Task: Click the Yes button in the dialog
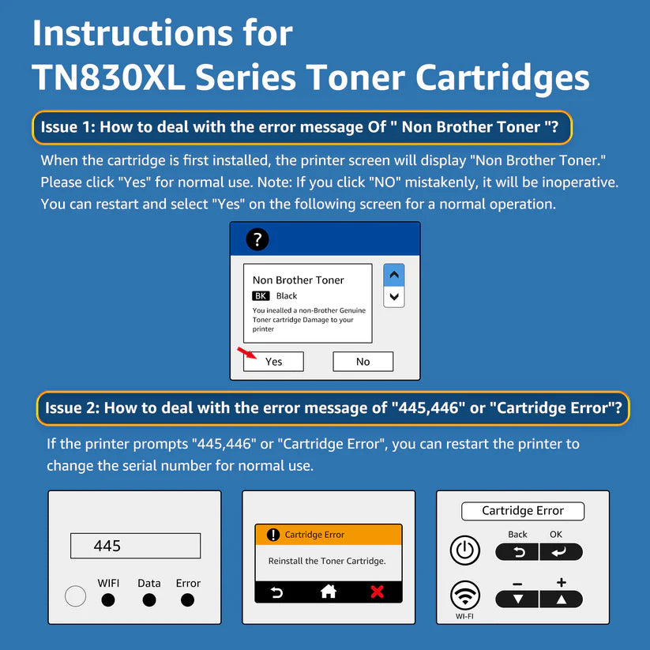pos(273,362)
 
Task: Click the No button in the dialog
pos(363,362)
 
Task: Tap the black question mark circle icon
pos(257,239)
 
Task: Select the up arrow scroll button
pos(394,274)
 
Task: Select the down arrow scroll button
pos(394,296)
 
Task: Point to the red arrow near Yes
pos(246,353)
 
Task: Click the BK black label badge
pos(261,295)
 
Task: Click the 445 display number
pos(107,546)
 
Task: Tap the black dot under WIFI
pos(108,599)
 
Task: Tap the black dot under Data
pos(149,599)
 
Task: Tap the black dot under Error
pos(187,599)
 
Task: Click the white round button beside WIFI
pos(76,596)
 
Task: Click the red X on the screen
pos(378,592)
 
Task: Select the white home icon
pos(329,592)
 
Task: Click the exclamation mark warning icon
pos(272,535)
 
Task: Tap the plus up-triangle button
pos(562,599)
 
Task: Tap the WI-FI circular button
pos(465,596)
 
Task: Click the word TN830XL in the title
pos(109,77)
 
